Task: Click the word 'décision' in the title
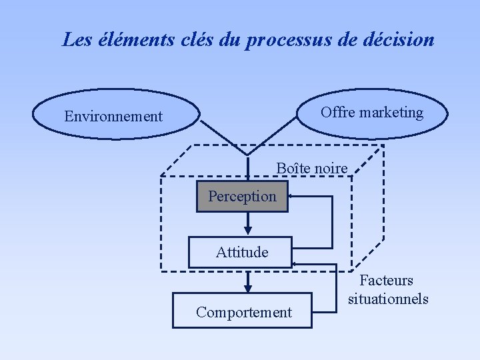(x=398, y=40)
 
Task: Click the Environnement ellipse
(x=116, y=115)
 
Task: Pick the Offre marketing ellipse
(x=371, y=113)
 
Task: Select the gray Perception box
(x=242, y=197)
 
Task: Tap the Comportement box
(x=243, y=311)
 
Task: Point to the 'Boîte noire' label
(x=311, y=169)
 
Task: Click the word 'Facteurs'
(x=387, y=281)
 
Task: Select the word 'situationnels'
(x=388, y=299)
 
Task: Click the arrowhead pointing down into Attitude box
(x=248, y=232)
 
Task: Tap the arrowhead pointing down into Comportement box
(x=248, y=288)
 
